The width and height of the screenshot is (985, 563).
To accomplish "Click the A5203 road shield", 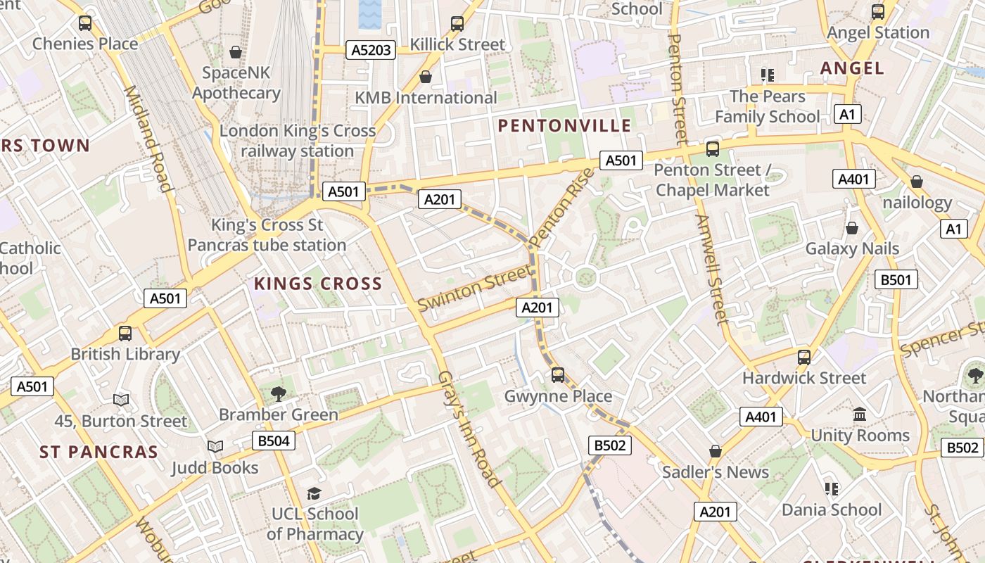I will point(371,49).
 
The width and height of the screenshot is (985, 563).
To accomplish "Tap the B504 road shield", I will point(274,441).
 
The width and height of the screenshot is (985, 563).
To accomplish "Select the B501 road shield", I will point(896,279).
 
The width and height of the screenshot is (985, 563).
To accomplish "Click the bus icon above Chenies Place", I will point(85,23).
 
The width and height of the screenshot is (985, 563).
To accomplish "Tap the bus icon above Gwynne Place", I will point(558,374).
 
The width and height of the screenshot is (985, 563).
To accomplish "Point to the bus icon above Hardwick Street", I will point(804,357).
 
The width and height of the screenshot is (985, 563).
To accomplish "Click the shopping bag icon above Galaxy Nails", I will point(852,228).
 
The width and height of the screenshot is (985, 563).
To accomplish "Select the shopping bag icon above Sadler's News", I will point(716,450).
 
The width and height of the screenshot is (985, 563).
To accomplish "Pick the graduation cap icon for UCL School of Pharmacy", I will point(314,493).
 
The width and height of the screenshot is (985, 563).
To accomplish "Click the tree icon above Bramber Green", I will point(279,393).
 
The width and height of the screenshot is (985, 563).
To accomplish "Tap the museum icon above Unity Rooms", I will point(860,414).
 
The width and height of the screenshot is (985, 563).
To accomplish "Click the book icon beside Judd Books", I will point(215,446).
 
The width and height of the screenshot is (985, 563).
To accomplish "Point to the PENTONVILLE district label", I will point(565,126).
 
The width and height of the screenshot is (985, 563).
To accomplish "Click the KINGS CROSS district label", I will point(317,284).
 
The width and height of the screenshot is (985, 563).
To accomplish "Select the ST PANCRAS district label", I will point(99,452).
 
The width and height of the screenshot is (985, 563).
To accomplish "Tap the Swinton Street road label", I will point(474,289).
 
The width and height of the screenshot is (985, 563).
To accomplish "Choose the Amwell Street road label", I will point(712,270).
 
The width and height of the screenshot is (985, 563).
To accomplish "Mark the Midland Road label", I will point(148,139).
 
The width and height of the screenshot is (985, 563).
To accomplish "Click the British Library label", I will point(125,354).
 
